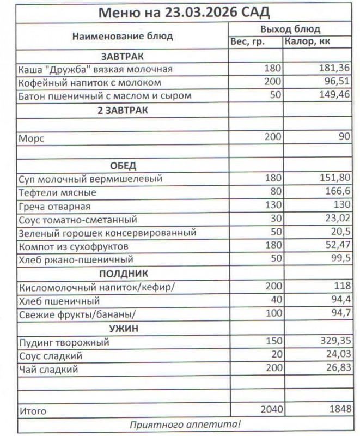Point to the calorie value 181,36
click(x=334, y=69)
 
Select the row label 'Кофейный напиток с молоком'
click(x=90, y=83)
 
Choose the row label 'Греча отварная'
click(x=54, y=207)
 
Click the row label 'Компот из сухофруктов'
click(x=69, y=246)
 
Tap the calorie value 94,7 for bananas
click(x=340, y=314)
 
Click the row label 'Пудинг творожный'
click(x=64, y=342)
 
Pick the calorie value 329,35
click(x=334, y=342)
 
